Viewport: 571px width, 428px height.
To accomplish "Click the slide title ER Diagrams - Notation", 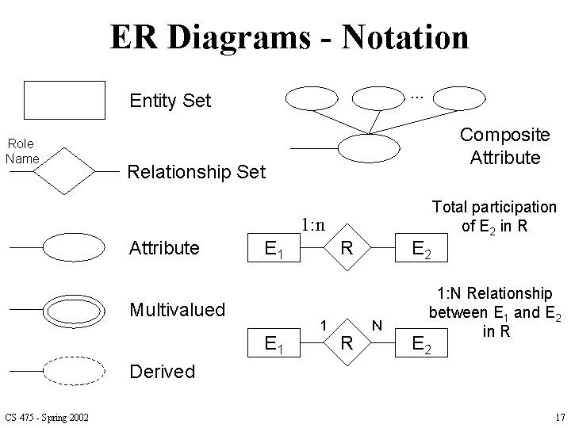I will [x=289, y=36].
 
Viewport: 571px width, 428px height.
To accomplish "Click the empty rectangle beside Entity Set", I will [x=64, y=99].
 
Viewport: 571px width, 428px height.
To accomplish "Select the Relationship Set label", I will [x=196, y=172].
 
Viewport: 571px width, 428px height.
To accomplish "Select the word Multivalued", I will [x=177, y=309].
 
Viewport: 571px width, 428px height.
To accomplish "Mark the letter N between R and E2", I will [x=377, y=324].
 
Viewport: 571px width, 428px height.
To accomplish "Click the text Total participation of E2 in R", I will [x=493, y=216].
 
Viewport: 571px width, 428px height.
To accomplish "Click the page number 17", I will [x=559, y=418].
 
